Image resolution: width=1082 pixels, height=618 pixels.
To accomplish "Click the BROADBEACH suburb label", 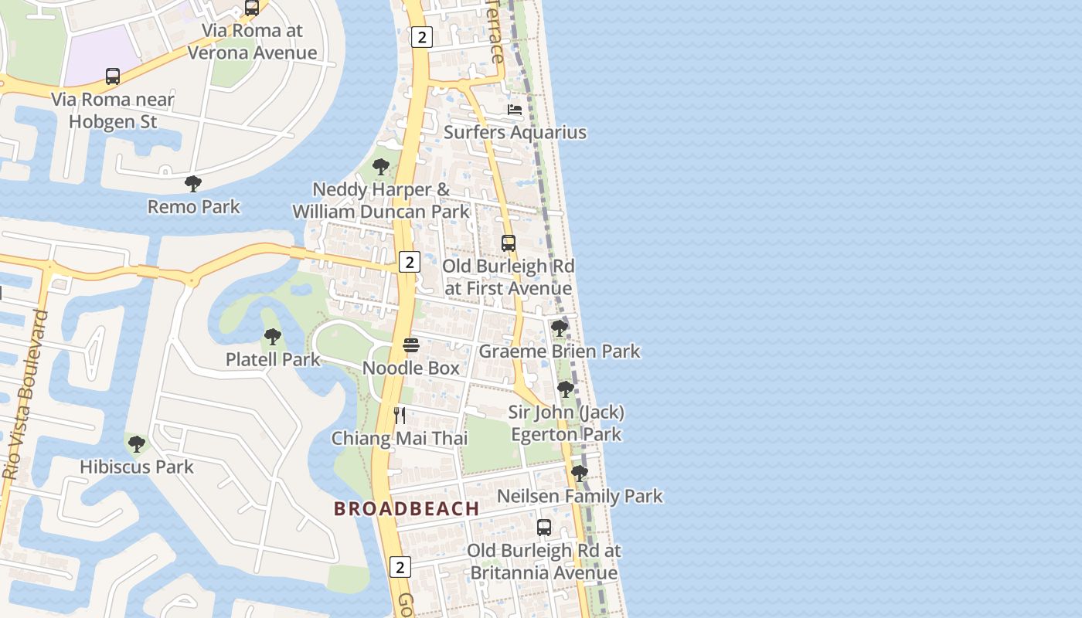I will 407,508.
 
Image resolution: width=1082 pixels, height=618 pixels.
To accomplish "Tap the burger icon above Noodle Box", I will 410,345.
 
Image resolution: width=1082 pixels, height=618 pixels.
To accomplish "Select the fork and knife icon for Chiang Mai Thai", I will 400,416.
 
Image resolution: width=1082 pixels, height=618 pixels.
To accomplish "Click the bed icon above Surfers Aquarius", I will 515,110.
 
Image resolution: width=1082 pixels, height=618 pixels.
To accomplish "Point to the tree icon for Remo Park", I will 193,184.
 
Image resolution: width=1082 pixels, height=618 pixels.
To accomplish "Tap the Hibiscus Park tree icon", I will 137,444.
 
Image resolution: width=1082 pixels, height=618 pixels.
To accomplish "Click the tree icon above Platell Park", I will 272,337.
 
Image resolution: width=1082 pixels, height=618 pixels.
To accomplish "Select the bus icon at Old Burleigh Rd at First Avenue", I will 508,243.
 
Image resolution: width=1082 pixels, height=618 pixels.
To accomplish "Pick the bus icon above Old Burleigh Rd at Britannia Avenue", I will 544,528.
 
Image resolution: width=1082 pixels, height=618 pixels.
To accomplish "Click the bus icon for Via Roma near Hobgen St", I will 113,76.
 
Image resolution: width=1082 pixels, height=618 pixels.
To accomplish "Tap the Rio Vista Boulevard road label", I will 26,396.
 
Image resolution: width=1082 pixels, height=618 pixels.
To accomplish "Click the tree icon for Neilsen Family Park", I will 579,473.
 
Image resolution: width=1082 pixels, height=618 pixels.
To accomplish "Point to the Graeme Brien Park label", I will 560,351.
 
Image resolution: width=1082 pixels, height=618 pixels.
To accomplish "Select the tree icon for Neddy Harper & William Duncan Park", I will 380,167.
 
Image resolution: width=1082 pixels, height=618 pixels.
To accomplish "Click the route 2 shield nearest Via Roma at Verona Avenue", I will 420,36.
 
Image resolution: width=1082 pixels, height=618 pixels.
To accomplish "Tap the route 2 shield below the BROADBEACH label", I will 400,567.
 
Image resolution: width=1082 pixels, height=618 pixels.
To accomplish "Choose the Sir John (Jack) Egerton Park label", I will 566,423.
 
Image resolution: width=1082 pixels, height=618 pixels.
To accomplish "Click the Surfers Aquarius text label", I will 515,132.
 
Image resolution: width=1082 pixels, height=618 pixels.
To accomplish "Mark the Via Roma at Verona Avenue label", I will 252,42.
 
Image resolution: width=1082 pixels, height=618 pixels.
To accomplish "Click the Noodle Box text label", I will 411,368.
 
